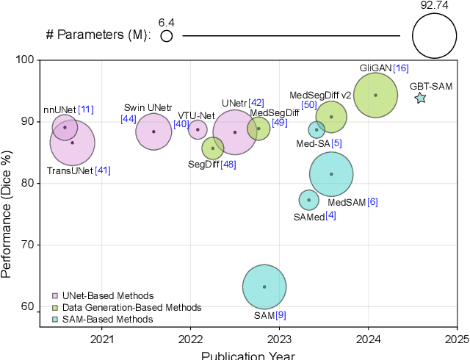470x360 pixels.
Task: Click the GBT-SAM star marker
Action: [x=420, y=98]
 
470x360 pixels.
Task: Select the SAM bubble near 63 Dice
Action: [x=264, y=287]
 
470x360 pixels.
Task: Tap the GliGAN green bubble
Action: [x=375, y=95]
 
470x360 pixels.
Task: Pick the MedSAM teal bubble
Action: [x=331, y=174]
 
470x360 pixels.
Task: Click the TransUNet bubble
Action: [x=72, y=143]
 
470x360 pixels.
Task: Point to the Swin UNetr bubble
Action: [x=153, y=132]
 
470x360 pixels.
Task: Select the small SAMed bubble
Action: [x=308, y=199]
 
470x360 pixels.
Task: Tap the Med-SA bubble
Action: [x=317, y=129]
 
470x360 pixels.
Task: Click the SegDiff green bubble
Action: [x=213, y=148]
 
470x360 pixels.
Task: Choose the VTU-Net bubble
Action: [x=198, y=129]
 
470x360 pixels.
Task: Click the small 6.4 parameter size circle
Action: [x=167, y=35]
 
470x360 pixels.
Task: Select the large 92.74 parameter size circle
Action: [x=435, y=35]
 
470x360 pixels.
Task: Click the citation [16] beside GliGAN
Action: [x=401, y=68]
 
